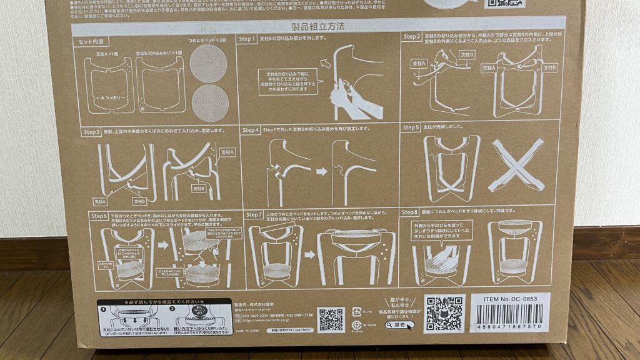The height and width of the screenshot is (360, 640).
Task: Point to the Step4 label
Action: pyautogui.click(x=250, y=130)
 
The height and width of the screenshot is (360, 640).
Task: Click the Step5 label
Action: pyautogui.click(x=411, y=127)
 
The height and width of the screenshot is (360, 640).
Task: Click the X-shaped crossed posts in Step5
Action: pyautogui.click(x=516, y=164)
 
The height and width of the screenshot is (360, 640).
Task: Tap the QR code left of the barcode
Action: pyautogui.click(x=445, y=313)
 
